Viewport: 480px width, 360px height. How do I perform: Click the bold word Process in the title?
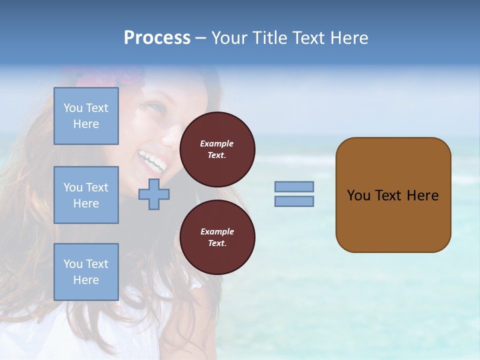[157, 38]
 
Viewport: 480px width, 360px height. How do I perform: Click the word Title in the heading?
[270, 38]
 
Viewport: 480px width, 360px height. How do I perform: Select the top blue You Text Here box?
[86, 116]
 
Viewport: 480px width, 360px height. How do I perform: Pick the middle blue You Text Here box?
[86, 195]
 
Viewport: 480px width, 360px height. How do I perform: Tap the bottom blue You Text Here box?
[86, 272]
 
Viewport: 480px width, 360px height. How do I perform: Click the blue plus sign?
[154, 194]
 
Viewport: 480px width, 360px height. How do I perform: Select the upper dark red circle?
[217, 149]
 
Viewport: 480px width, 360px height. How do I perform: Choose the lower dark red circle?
[217, 237]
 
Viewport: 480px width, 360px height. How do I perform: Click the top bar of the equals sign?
[294, 186]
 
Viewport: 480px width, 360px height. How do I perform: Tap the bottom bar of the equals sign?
[294, 201]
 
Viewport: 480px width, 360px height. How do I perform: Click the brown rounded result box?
[393, 195]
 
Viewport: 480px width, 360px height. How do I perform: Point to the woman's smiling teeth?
[152, 160]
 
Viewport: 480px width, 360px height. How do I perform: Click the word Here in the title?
[346, 38]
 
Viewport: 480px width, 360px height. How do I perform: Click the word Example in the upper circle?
[217, 143]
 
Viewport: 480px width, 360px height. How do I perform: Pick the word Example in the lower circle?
[217, 231]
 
